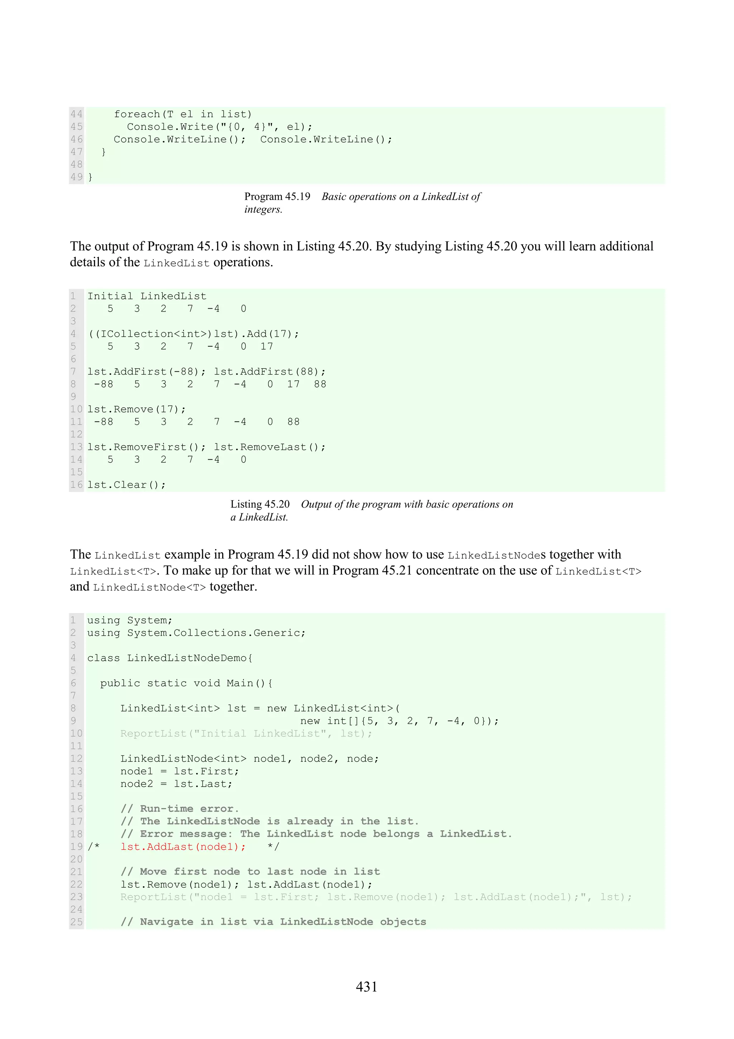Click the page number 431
point(366,987)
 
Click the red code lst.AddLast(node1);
point(183,846)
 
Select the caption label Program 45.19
point(277,196)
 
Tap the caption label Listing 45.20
point(260,504)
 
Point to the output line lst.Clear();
point(127,485)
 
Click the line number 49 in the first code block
point(76,177)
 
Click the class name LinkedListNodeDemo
point(186,658)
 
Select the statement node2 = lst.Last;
point(176,784)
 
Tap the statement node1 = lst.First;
point(180,771)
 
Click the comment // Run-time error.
point(180,809)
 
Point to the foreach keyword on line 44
point(137,114)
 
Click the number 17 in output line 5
point(267,347)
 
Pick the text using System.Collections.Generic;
point(196,633)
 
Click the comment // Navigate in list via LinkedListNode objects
point(273,922)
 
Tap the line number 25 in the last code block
point(76,922)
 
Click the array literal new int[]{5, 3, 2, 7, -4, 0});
point(399,721)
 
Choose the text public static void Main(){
point(186,683)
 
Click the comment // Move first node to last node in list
point(250,872)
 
